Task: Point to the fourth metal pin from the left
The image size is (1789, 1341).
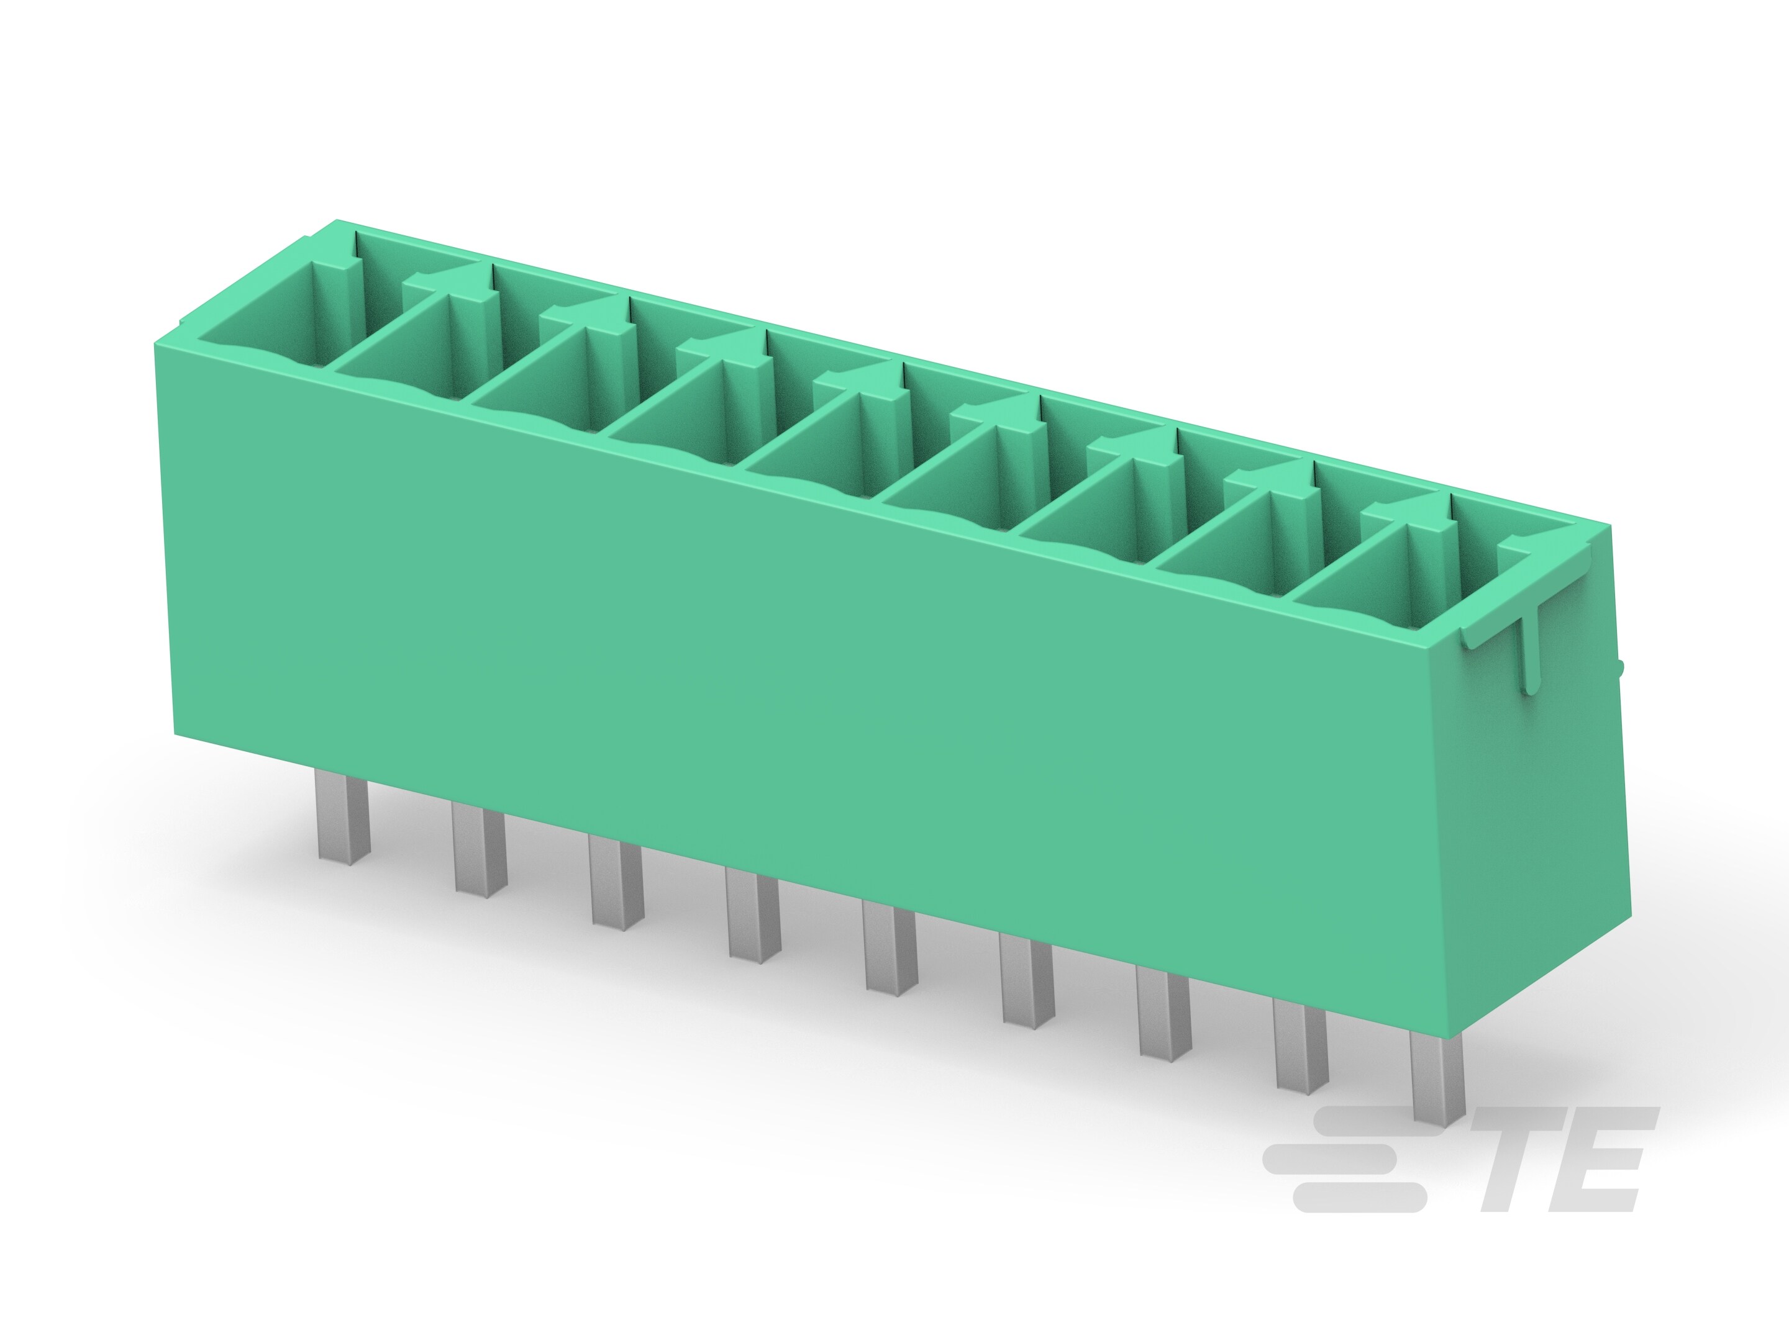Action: pyautogui.click(x=753, y=915)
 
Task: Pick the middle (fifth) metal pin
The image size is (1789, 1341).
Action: pyautogui.click(x=890, y=948)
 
